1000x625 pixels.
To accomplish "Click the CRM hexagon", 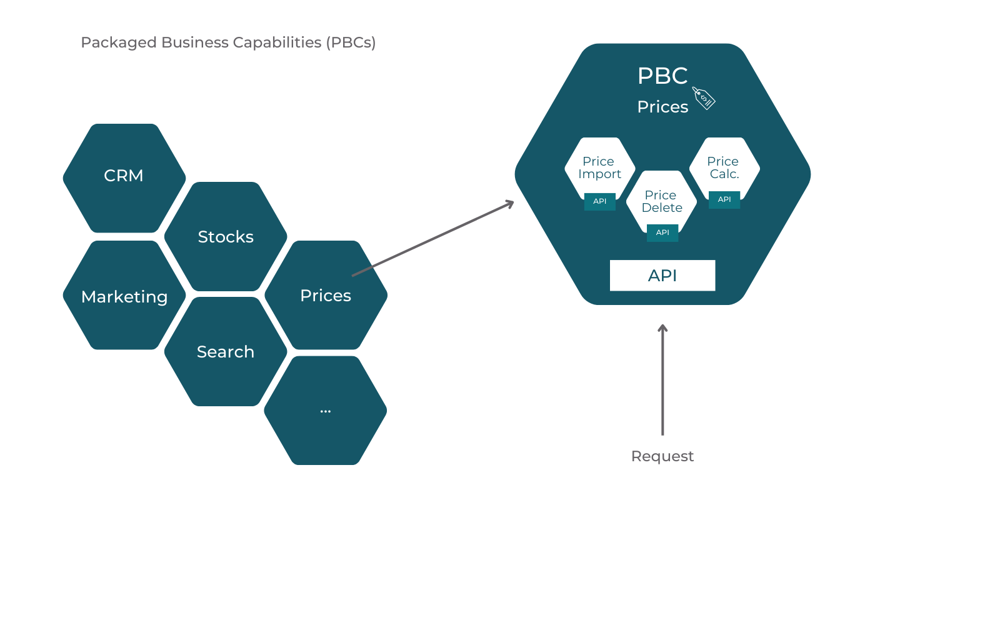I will (x=124, y=176).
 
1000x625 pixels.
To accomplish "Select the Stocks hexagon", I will (x=226, y=237).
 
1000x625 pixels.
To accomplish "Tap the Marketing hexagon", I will (x=124, y=296).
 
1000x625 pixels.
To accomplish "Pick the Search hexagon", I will (x=226, y=352).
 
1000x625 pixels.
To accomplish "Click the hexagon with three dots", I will (x=325, y=411).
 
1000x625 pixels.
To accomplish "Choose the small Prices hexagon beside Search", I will (x=326, y=296).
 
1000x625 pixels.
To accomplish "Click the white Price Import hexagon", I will (x=599, y=167).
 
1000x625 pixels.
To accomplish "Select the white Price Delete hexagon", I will (x=662, y=201).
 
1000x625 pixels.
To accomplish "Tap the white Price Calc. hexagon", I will (x=724, y=167).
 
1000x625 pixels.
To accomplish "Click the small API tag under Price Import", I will (x=600, y=201).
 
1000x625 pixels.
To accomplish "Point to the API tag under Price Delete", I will (x=662, y=232).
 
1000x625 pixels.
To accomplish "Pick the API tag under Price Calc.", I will (x=724, y=199).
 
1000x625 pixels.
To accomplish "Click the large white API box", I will (x=662, y=276).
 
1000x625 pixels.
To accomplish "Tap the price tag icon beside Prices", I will (x=704, y=98).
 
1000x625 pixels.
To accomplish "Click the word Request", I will (x=662, y=456).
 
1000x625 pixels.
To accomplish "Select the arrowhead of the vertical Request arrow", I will (x=662, y=327).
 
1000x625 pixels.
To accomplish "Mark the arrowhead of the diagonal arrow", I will (x=511, y=203).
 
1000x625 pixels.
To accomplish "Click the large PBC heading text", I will (x=662, y=76).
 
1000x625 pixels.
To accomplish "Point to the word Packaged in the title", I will (x=119, y=42).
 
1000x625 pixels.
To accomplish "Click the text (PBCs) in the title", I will (x=351, y=42).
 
